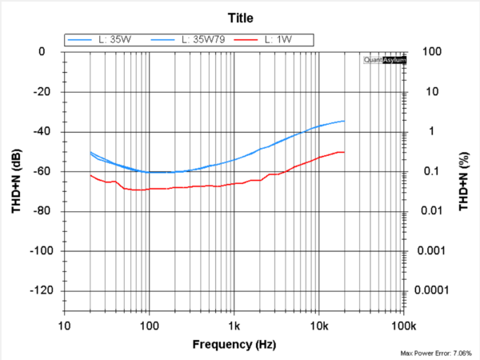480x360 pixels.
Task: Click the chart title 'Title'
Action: (240, 17)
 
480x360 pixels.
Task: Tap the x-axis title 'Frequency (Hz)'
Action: (234, 345)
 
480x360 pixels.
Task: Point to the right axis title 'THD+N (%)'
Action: (463, 182)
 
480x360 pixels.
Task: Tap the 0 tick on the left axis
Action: (51, 52)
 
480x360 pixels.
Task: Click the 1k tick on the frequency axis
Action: (234, 326)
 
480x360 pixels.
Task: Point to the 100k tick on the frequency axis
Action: (403, 326)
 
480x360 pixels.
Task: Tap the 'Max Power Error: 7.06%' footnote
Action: (436, 353)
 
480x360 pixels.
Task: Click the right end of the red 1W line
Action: (344, 152)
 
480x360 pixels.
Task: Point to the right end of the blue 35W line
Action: (344, 121)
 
